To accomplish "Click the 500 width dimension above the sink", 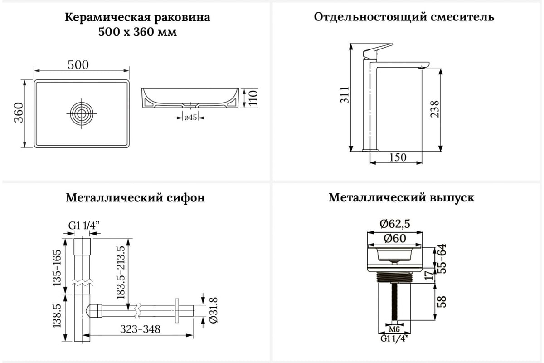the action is (x=78, y=65).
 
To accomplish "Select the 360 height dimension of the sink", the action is (x=19, y=113).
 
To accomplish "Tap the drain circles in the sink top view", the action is (x=82, y=113).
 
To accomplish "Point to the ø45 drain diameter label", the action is (x=190, y=118).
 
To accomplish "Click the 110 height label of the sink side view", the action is (x=253, y=98).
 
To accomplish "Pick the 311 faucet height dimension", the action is (x=345, y=95).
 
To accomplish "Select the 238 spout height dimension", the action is (x=435, y=109).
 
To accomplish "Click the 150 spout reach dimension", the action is (x=398, y=157).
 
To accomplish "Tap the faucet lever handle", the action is (x=378, y=51).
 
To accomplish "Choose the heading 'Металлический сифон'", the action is (x=135, y=197).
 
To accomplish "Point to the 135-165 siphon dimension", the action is (x=57, y=267).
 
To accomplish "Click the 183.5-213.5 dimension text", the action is (x=121, y=273).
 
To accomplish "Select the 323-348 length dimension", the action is (x=141, y=329).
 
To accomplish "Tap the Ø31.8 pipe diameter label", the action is (x=214, y=310).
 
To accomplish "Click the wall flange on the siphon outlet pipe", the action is (x=177, y=311).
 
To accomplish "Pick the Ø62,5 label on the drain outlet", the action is (x=395, y=224).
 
